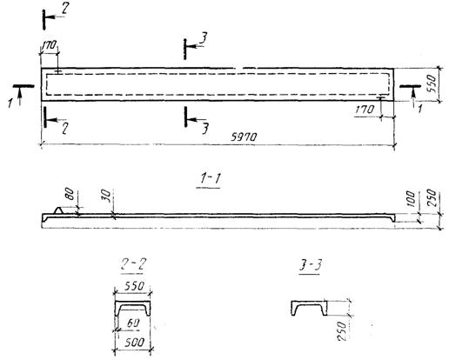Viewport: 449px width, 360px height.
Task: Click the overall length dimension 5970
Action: click(244, 137)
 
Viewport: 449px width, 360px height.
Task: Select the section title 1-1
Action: click(210, 178)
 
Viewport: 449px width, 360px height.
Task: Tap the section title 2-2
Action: click(133, 264)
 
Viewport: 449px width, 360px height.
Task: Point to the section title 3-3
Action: click(311, 264)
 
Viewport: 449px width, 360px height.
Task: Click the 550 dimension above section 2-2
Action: click(134, 286)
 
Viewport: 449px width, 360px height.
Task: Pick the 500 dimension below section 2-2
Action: click(134, 342)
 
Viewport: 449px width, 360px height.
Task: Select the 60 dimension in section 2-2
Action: click(133, 323)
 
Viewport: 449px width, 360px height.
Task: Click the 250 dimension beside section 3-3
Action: click(342, 330)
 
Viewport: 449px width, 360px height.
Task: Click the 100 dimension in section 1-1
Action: click(412, 198)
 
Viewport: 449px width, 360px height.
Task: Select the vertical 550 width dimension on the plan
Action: click(432, 83)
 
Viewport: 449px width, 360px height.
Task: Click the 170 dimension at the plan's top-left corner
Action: click(49, 45)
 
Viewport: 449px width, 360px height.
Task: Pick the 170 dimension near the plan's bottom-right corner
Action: click(365, 110)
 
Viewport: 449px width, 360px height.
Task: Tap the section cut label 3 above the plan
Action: click(204, 39)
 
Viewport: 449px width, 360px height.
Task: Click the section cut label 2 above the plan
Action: click(64, 9)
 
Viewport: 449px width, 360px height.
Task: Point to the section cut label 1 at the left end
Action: click(10, 103)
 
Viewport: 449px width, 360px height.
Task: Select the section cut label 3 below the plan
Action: click(205, 129)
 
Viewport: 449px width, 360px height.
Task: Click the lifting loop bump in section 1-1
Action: click(60, 210)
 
